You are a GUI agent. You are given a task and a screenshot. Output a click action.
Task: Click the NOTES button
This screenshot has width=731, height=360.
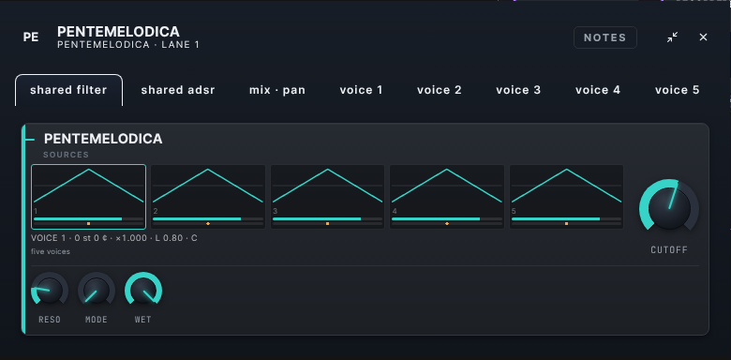click(605, 37)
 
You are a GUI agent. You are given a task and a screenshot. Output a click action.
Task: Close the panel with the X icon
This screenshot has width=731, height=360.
click(703, 37)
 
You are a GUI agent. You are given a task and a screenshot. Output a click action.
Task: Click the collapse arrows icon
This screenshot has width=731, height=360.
click(672, 37)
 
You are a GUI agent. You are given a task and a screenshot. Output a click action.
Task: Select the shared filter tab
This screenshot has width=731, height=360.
click(69, 90)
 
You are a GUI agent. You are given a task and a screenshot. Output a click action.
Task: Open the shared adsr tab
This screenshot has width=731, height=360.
click(178, 90)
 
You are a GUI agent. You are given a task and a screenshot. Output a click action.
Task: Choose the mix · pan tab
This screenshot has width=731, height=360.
click(277, 90)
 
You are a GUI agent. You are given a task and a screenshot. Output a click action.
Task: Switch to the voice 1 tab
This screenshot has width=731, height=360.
click(362, 90)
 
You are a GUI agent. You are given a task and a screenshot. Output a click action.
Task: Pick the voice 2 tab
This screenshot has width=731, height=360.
click(440, 90)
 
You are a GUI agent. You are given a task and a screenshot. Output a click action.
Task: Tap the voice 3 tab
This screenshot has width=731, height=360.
click(518, 90)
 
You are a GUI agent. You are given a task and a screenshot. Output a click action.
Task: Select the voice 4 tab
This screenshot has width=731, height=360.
click(598, 90)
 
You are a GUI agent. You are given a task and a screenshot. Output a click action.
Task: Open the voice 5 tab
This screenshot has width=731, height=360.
click(677, 90)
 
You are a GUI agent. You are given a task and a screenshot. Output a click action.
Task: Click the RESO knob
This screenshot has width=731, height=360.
click(50, 291)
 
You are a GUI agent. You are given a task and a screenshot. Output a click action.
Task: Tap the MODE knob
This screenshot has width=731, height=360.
click(96, 291)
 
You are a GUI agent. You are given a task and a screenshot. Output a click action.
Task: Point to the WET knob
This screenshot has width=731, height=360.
click(143, 291)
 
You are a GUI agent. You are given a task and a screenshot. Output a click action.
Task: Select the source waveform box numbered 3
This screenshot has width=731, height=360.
click(327, 196)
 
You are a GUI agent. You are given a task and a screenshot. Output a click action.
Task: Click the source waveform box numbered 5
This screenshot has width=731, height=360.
click(566, 196)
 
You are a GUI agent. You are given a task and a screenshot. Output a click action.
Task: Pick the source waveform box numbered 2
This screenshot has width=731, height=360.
click(208, 196)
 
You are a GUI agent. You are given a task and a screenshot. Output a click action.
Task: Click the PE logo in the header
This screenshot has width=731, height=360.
click(31, 37)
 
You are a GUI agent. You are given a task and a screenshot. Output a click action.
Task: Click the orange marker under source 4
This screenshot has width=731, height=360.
click(447, 224)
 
